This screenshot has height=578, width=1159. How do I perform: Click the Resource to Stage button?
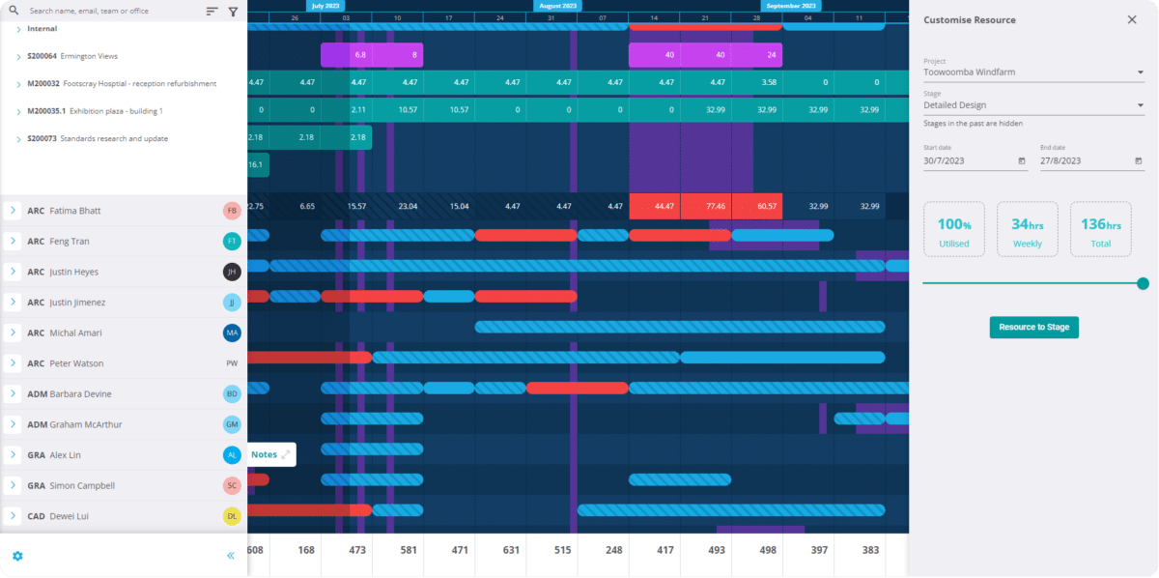(1033, 328)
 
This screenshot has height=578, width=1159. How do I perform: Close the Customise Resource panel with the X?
(1132, 19)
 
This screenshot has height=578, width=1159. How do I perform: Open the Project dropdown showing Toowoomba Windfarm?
(1032, 72)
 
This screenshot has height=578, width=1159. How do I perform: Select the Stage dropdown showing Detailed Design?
(1032, 104)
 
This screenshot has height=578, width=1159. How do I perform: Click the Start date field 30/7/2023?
(974, 160)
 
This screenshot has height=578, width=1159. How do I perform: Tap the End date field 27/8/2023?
(1090, 160)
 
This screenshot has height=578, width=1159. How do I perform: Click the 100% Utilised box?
(953, 229)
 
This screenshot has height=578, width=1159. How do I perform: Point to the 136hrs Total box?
(1100, 229)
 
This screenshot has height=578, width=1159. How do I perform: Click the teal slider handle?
(1143, 283)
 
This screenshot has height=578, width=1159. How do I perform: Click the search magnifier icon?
(14, 11)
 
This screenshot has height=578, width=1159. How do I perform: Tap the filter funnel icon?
(233, 12)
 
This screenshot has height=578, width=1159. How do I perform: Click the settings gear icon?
(17, 556)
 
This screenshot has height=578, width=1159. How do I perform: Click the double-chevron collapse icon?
(231, 556)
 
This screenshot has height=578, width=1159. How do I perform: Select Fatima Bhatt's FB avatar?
(232, 211)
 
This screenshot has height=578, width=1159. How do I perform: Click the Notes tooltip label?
(264, 454)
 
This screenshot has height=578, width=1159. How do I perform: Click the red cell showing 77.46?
(706, 206)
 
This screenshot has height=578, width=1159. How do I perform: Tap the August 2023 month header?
(556, 6)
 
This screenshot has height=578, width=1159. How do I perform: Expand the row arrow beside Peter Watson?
(13, 363)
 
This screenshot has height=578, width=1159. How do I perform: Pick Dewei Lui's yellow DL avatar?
(232, 516)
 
